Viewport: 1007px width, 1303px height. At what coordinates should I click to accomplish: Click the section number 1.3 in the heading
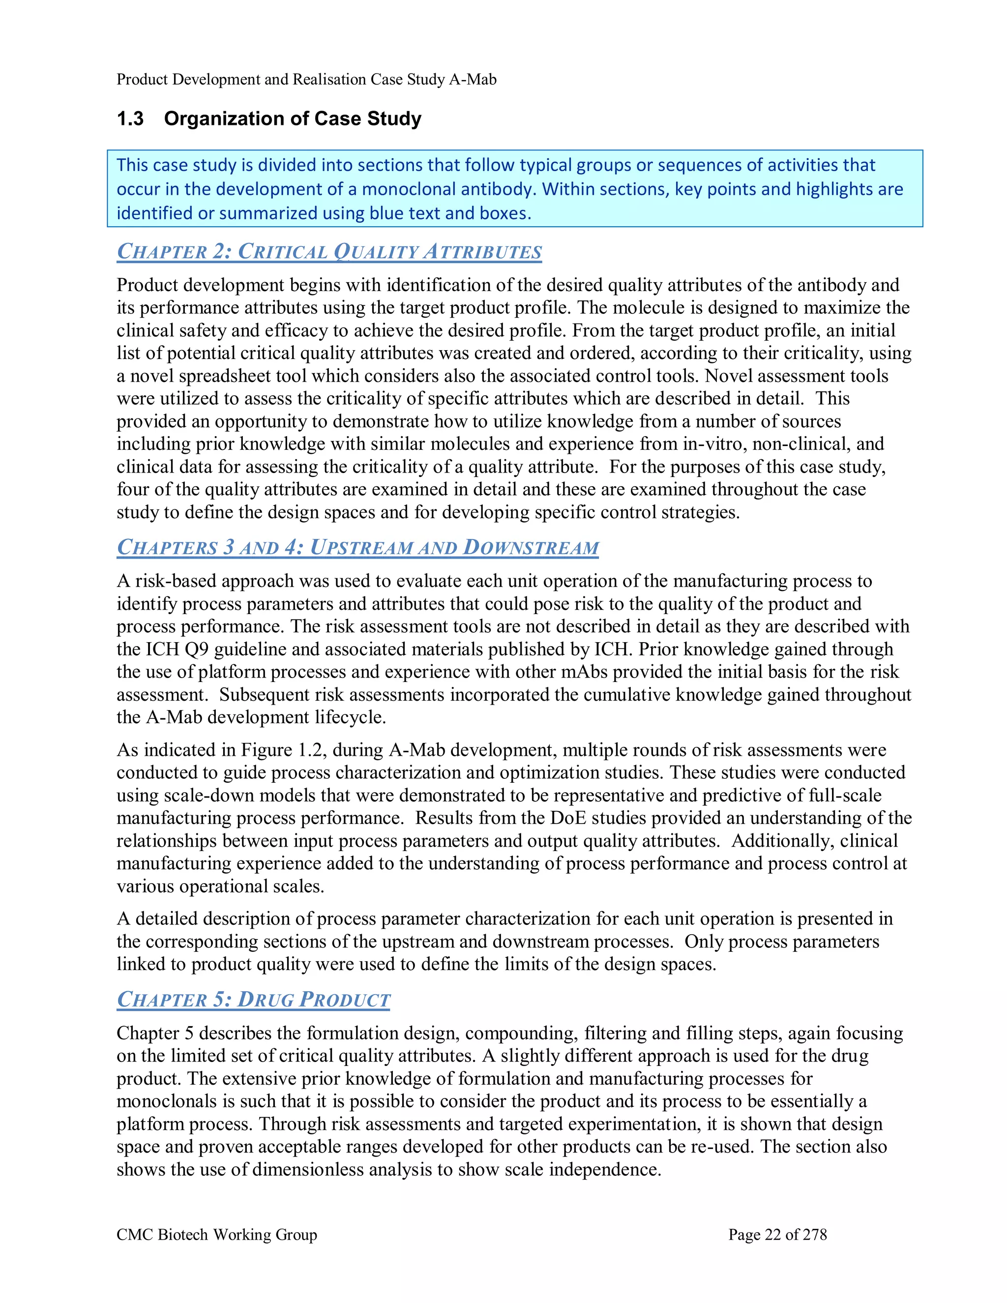(x=130, y=118)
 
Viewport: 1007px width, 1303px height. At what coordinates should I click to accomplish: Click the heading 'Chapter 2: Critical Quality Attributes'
(x=329, y=251)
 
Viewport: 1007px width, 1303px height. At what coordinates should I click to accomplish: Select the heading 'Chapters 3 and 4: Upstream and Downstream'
(x=357, y=547)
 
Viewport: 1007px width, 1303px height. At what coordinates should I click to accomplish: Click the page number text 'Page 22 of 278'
(x=777, y=1234)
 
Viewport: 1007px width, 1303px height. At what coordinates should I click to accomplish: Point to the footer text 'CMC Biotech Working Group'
(x=216, y=1234)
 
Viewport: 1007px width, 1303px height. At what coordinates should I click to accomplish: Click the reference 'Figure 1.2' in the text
(x=283, y=750)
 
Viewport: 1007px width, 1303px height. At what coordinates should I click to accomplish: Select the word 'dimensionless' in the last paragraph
(x=308, y=1169)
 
